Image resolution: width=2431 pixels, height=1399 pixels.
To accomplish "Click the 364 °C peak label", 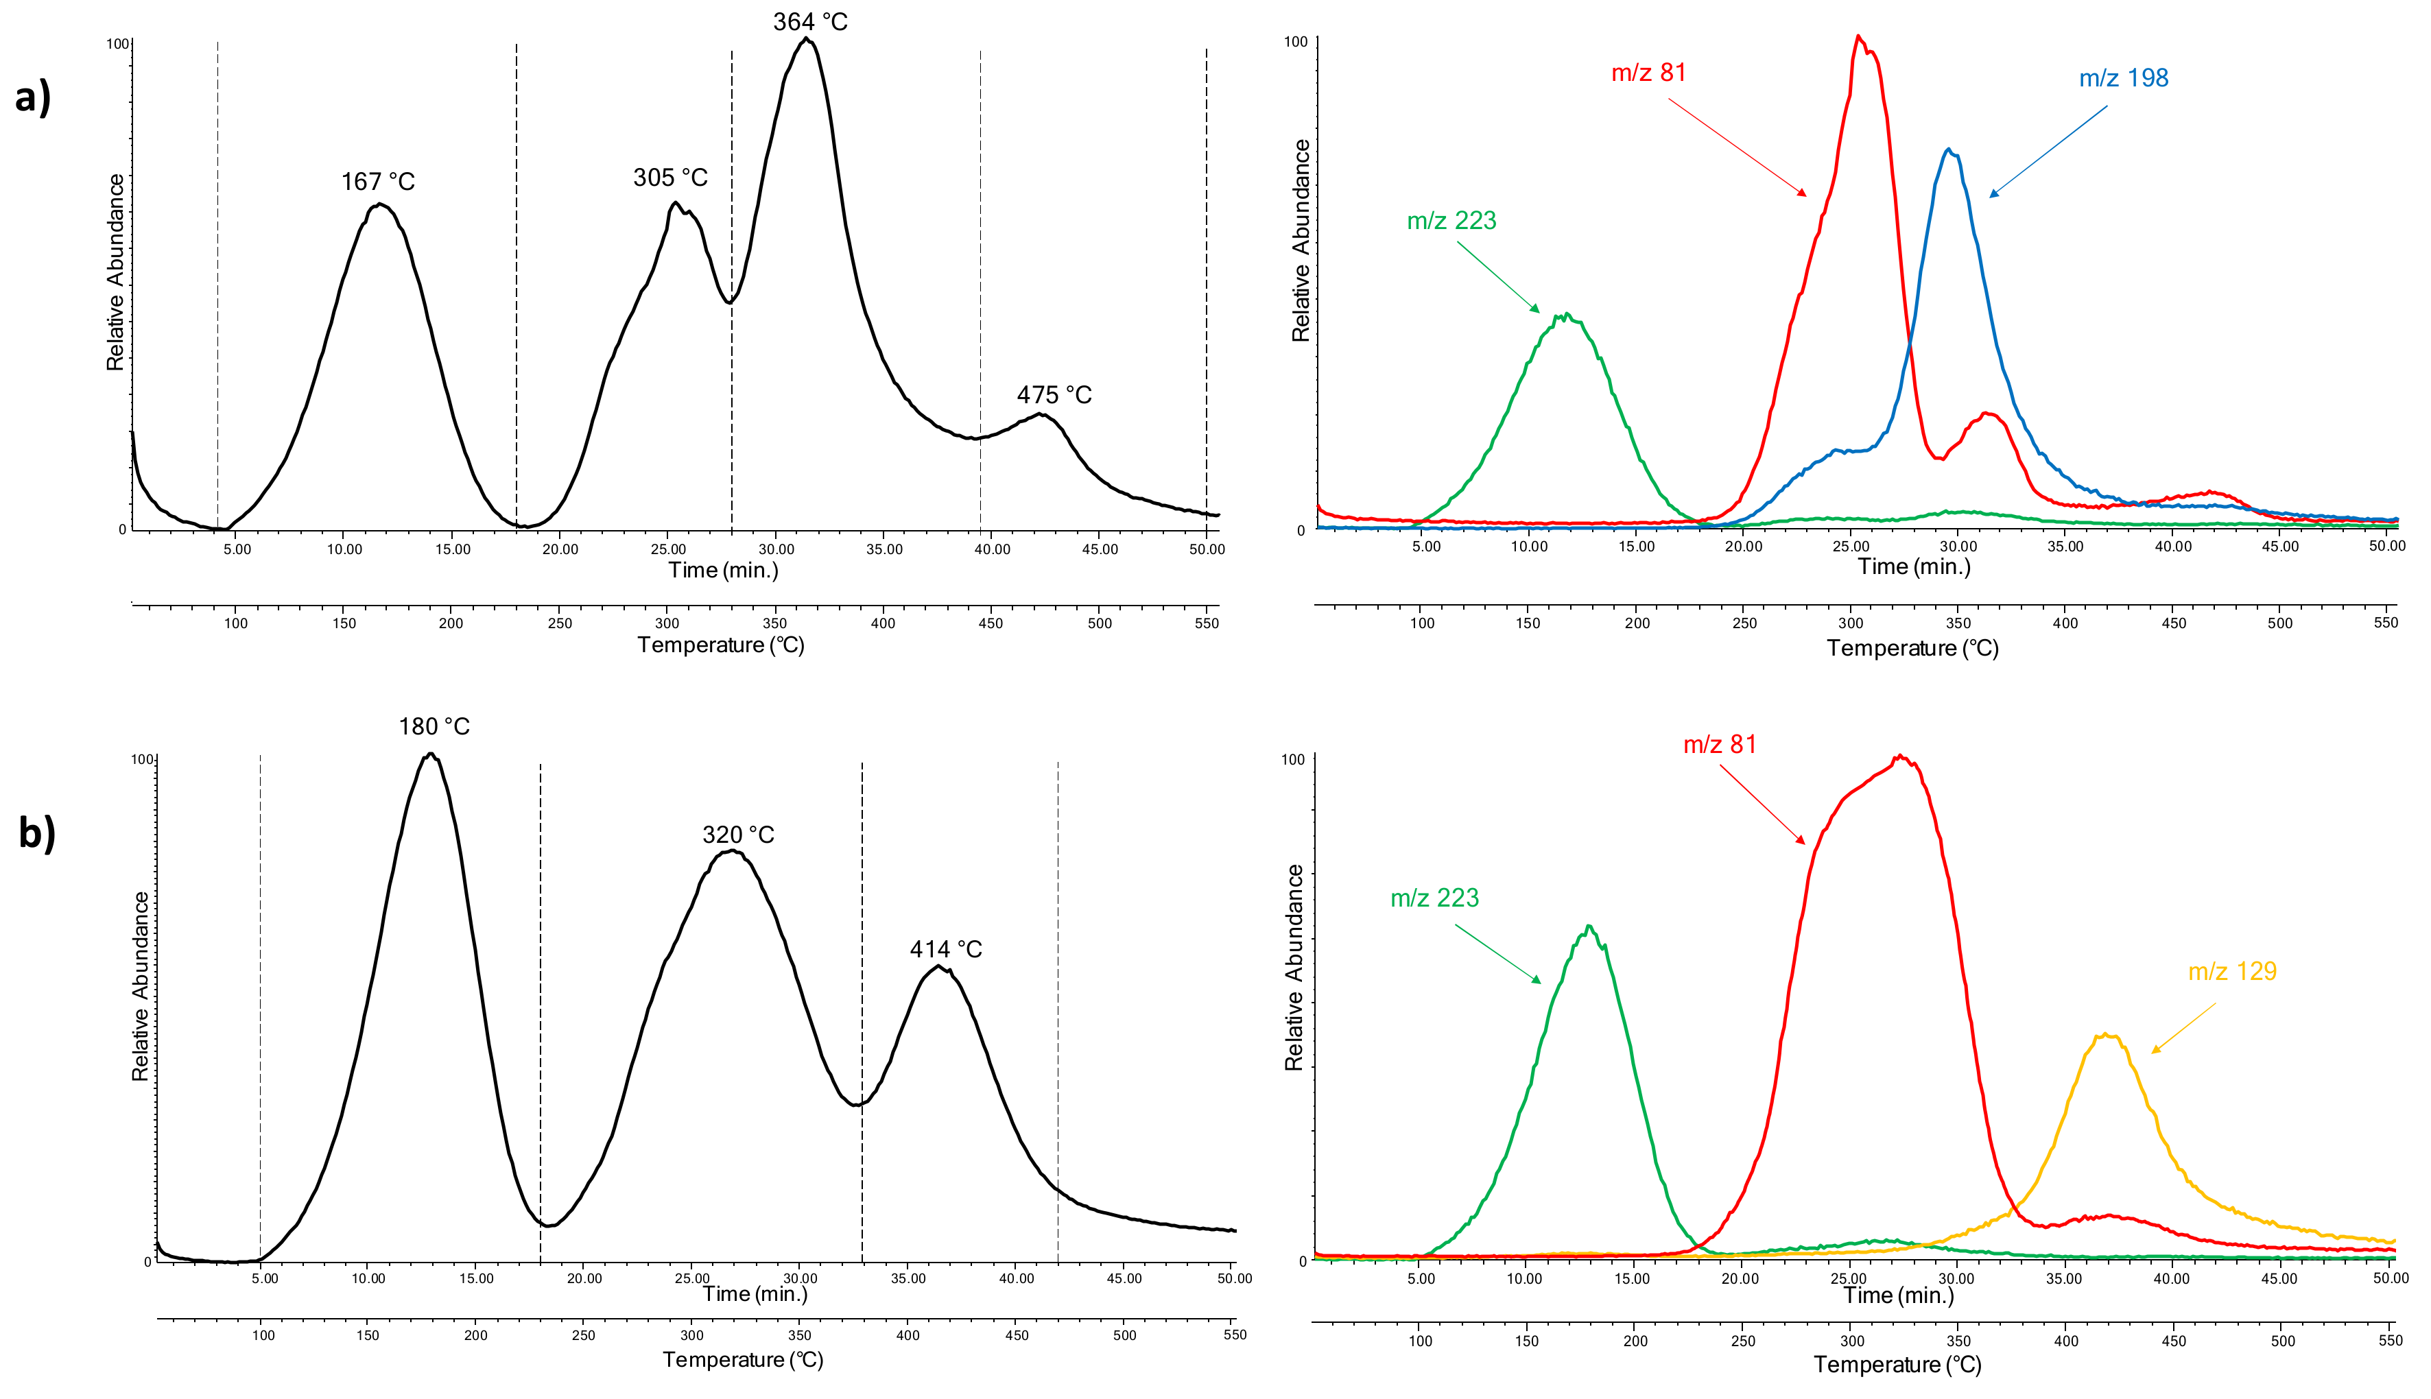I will coord(810,22).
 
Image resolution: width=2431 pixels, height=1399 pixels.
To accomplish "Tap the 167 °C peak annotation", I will coord(378,182).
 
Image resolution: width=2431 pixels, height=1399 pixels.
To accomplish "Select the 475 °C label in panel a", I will coord(1054,395).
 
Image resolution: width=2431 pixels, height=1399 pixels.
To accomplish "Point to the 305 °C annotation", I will coord(669,178).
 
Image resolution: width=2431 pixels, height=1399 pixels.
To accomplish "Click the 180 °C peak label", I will coord(434,726).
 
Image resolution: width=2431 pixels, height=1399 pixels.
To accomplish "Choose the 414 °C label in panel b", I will coord(945,949).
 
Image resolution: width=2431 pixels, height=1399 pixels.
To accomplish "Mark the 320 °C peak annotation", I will coord(738,835).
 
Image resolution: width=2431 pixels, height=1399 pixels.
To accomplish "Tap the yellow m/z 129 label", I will coord(2232,972).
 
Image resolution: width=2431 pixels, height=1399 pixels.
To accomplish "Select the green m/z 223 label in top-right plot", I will coord(1451,221).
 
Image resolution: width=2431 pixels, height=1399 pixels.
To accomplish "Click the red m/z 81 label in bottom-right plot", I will coord(1719,745).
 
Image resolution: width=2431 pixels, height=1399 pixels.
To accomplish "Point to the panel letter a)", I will coord(33,97).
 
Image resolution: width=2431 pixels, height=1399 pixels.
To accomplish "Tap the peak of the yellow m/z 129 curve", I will coord(2105,1035).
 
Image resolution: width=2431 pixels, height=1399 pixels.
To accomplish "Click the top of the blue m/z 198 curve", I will coord(1947,150).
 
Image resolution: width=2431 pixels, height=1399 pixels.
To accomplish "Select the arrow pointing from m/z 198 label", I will coord(2048,151).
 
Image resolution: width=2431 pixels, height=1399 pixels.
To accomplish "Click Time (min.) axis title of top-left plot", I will coord(722,571).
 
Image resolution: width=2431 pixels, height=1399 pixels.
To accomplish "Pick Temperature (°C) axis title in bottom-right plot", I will coord(1897,1365).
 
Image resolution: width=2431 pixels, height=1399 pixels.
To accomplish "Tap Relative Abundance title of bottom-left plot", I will coord(141,986).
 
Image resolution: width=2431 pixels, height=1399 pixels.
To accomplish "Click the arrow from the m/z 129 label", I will coord(2183,1028).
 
